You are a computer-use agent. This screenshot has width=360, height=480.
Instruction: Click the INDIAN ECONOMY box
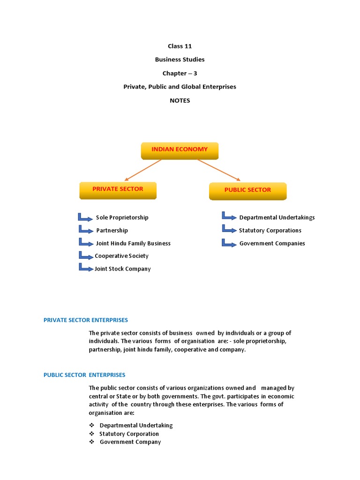pyautogui.click(x=180, y=150)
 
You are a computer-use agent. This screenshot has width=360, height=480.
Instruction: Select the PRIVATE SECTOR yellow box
pyautogui.click(x=118, y=190)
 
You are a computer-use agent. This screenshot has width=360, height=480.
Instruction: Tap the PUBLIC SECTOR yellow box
pyautogui.click(x=247, y=191)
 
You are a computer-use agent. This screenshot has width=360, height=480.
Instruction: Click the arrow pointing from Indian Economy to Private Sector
pyautogui.click(x=142, y=170)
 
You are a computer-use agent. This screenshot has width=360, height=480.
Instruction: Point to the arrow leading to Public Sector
pyautogui.click(x=219, y=170)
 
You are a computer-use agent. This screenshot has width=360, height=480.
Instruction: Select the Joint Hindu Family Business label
pyautogui.click(x=133, y=243)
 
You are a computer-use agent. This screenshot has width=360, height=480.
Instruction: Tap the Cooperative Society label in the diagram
pyautogui.click(x=121, y=256)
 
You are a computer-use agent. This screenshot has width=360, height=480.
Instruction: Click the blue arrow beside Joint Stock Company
pyautogui.click(x=86, y=268)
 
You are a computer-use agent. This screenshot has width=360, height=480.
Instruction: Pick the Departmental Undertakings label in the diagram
pyautogui.click(x=277, y=217)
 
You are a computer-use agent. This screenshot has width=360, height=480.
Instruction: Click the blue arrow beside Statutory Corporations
pyautogui.click(x=229, y=229)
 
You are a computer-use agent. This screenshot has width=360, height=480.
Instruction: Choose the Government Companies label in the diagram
pyautogui.click(x=272, y=243)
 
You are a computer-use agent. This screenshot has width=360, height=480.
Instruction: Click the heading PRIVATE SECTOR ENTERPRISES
pyautogui.click(x=86, y=320)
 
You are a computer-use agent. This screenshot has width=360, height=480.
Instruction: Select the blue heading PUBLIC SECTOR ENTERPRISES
pyautogui.click(x=84, y=375)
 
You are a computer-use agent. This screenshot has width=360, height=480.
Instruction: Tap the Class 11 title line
pyautogui.click(x=180, y=46)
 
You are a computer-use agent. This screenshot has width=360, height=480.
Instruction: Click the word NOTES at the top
pyautogui.click(x=180, y=100)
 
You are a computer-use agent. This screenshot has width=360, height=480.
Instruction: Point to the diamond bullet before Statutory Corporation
pyautogui.click(x=92, y=434)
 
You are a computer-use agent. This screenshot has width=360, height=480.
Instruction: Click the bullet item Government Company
pyautogui.click(x=130, y=442)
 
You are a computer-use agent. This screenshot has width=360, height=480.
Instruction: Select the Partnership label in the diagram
pyautogui.click(x=112, y=231)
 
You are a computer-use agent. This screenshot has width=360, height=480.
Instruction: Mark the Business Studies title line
pyautogui.click(x=180, y=60)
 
